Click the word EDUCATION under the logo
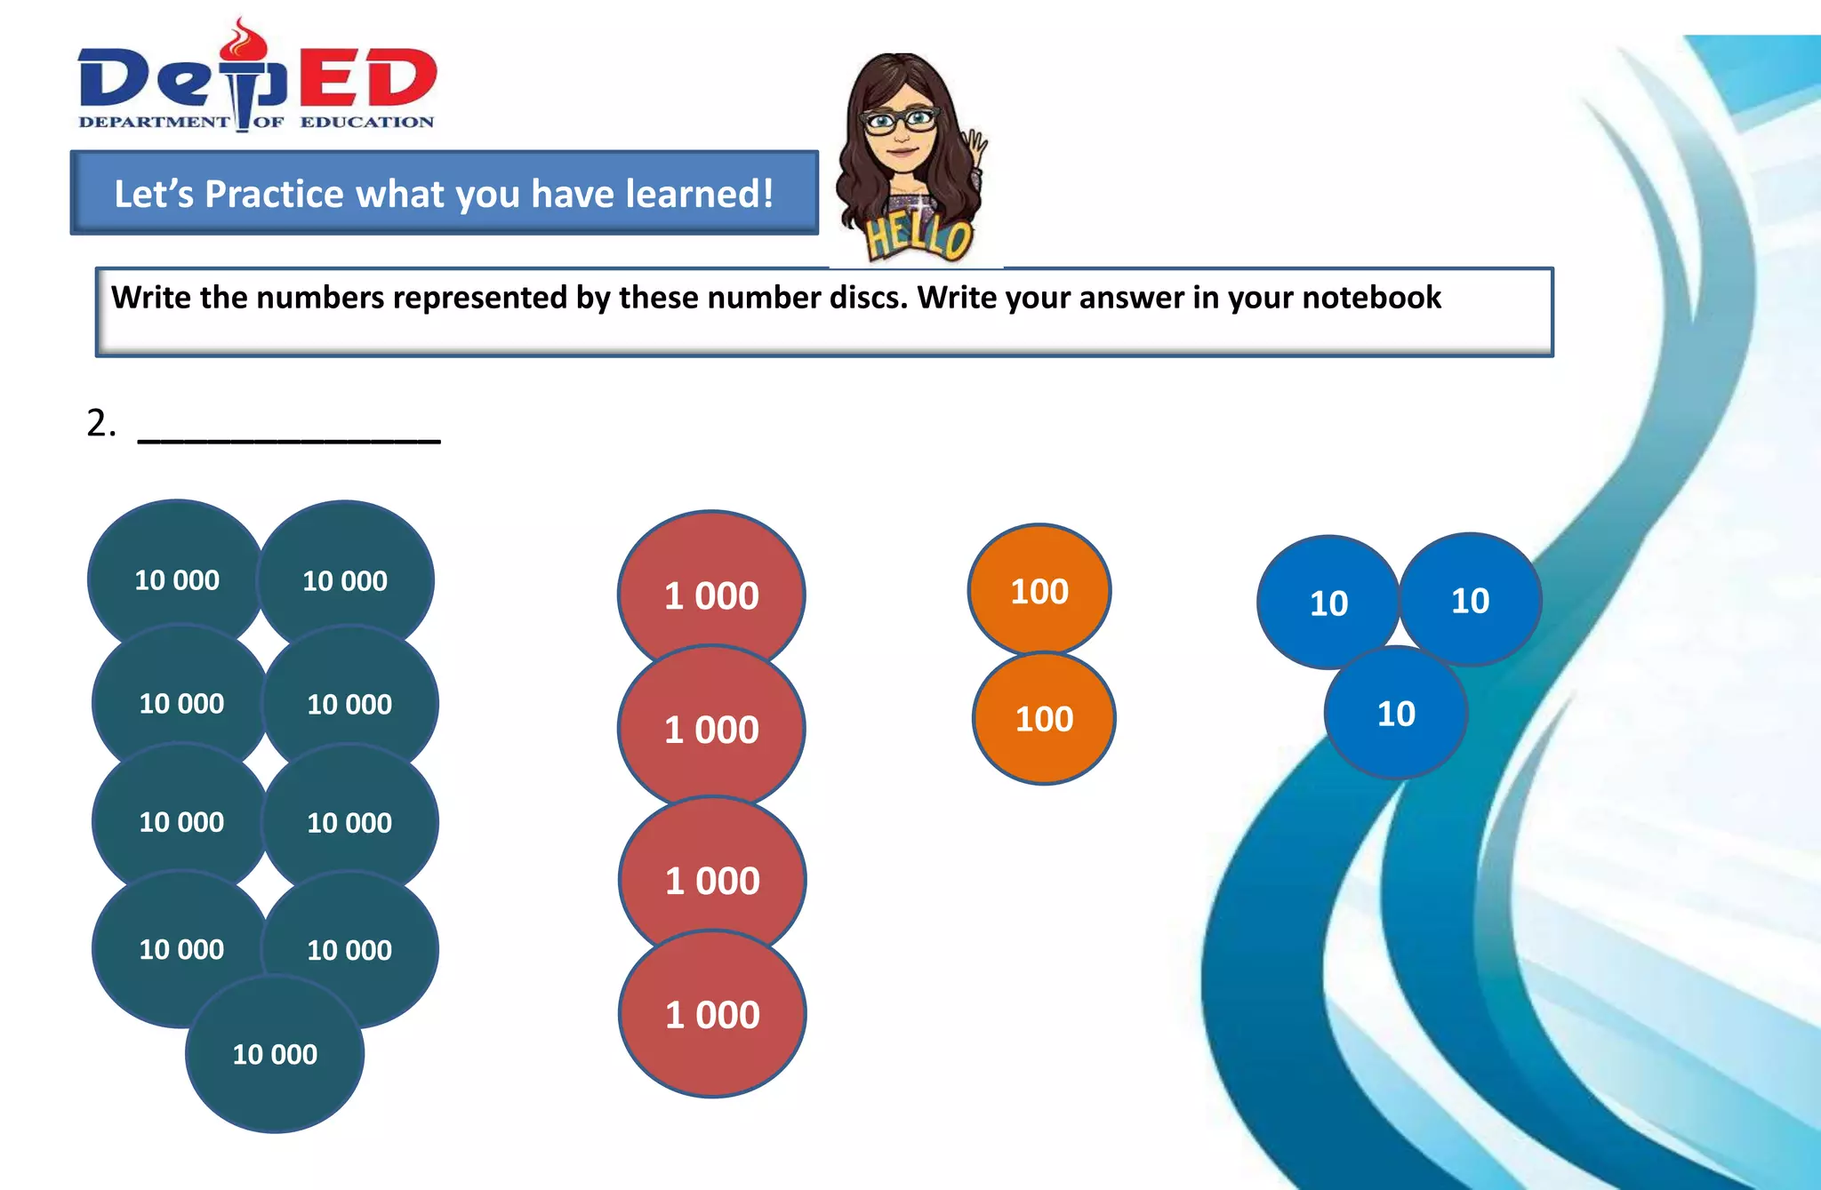point(366,122)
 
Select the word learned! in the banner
point(699,194)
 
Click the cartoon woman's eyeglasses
point(900,120)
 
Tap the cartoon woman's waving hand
point(976,151)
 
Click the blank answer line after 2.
point(289,437)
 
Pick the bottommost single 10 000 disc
point(275,1054)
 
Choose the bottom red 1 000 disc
point(712,1015)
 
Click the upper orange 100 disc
point(1039,589)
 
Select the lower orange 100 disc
point(1044,719)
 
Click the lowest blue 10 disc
point(1396,714)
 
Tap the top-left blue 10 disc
point(1328,603)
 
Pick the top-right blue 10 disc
point(1471,601)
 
